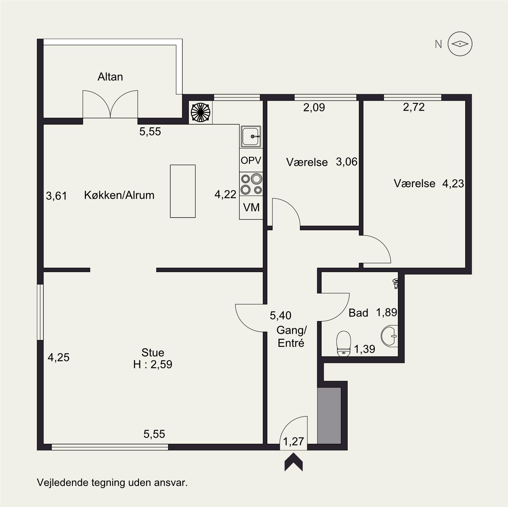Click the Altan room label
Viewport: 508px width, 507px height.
pos(110,77)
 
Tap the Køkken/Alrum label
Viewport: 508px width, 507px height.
pos(119,195)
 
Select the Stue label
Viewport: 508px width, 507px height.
pos(153,353)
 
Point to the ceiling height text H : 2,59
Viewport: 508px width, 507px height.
pos(153,364)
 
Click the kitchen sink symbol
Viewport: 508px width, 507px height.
pos(251,136)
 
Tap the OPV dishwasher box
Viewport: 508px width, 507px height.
pos(251,160)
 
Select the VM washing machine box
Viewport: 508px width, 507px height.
pos(251,208)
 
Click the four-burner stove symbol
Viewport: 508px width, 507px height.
pos(251,184)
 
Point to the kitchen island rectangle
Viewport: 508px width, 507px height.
pos(183,191)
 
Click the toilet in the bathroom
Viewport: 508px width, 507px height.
pos(343,343)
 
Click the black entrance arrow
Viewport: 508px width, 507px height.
pos(294,463)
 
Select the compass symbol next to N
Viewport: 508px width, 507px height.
pos(460,44)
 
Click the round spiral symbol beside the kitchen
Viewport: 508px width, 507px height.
pos(201,112)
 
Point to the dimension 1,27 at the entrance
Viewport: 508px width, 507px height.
pos(294,441)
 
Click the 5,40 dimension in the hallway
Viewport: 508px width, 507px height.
pos(281,315)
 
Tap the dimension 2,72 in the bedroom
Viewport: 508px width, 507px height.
pos(414,107)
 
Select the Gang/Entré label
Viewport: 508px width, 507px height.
pos(292,337)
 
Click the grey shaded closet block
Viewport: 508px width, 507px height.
pos(329,415)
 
